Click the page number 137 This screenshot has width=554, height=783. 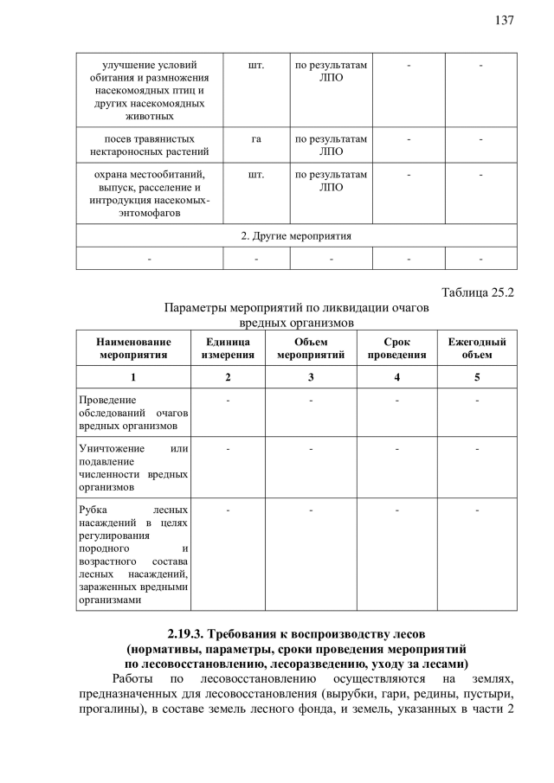point(505,20)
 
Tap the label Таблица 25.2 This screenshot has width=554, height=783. point(478,292)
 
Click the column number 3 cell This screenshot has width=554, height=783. point(310,377)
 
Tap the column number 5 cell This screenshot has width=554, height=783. point(476,377)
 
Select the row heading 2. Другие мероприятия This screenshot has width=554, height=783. point(296,235)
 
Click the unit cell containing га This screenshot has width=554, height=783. point(256,138)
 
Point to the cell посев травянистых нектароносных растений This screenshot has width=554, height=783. point(149,144)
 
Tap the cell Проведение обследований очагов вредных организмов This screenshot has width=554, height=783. point(133,413)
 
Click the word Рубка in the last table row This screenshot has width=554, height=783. point(93,510)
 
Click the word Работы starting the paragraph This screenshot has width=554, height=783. point(134,679)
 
